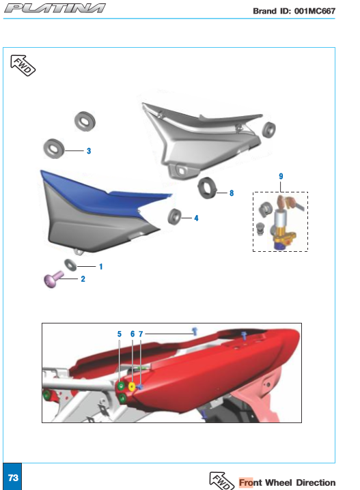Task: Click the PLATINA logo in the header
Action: [55, 8]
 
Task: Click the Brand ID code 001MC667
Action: [315, 11]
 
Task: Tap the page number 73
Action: [13, 478]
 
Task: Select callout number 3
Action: [89, 151]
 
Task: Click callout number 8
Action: [232, 193]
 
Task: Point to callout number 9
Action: [281, 176]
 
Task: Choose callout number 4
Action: [196, 218]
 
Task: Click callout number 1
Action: [100, 267]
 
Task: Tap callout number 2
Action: [83, 278]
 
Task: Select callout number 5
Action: [119, 334]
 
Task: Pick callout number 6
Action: [133, 334]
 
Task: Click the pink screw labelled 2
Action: [53, 279]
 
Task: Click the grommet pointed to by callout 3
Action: [54, 149]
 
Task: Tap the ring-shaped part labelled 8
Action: [207, 188]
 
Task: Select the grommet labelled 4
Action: [174, 216]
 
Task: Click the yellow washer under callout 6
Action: [132, 386]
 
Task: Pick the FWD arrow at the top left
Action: [23, 65]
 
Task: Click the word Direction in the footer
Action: [316, 482]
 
